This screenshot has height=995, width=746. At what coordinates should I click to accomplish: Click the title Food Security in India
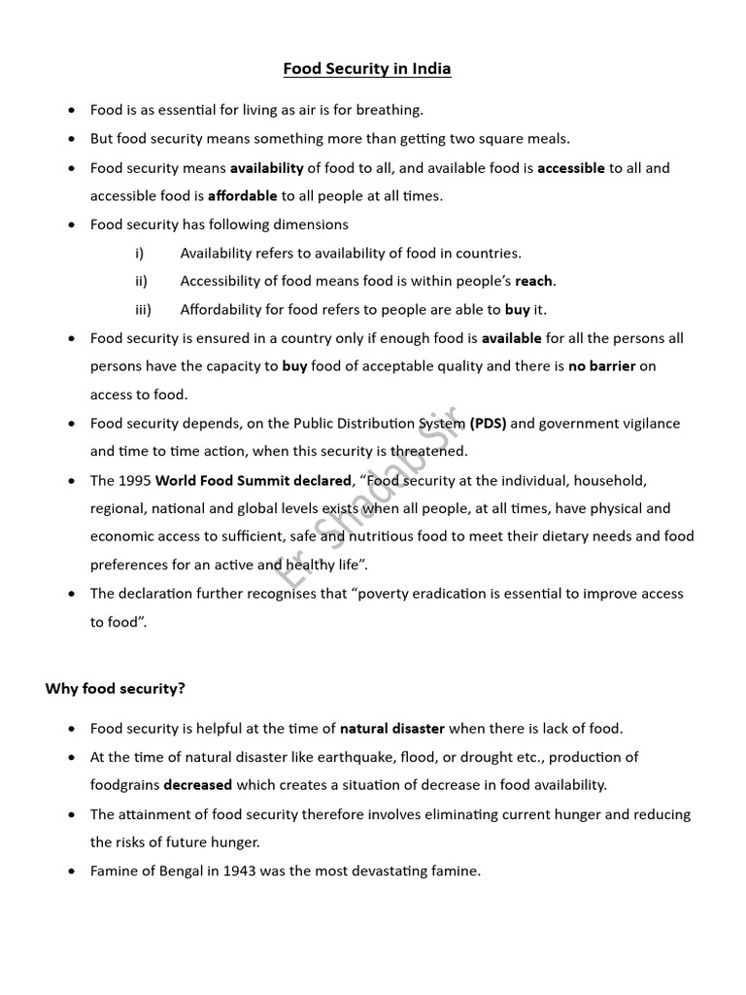click(x=367, y=69)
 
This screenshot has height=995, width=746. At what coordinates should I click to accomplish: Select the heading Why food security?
click(x=115, y=688)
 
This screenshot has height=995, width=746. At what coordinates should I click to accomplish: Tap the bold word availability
click(x=266, y=167)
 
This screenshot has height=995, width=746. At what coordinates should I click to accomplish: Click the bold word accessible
click(x=571, y=167)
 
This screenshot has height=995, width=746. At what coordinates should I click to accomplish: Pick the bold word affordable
click(x=242, y=195)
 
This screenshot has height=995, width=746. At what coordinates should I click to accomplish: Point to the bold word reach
click(x=534, y=281)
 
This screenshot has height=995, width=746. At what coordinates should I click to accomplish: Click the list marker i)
click(x=139, y=253)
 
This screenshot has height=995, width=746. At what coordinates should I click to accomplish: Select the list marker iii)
click(x=142, y=310)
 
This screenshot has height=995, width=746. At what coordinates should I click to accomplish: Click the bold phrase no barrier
click(x=602, y=366)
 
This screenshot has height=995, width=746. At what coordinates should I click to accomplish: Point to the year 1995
click(x=134, y=480)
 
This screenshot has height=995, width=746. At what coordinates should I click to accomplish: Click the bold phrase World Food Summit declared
click(x=253, y=480)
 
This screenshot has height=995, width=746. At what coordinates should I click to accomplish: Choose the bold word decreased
click(x=197, y=784)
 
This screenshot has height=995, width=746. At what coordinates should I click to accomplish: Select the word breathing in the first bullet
click(x=390, y=110)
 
